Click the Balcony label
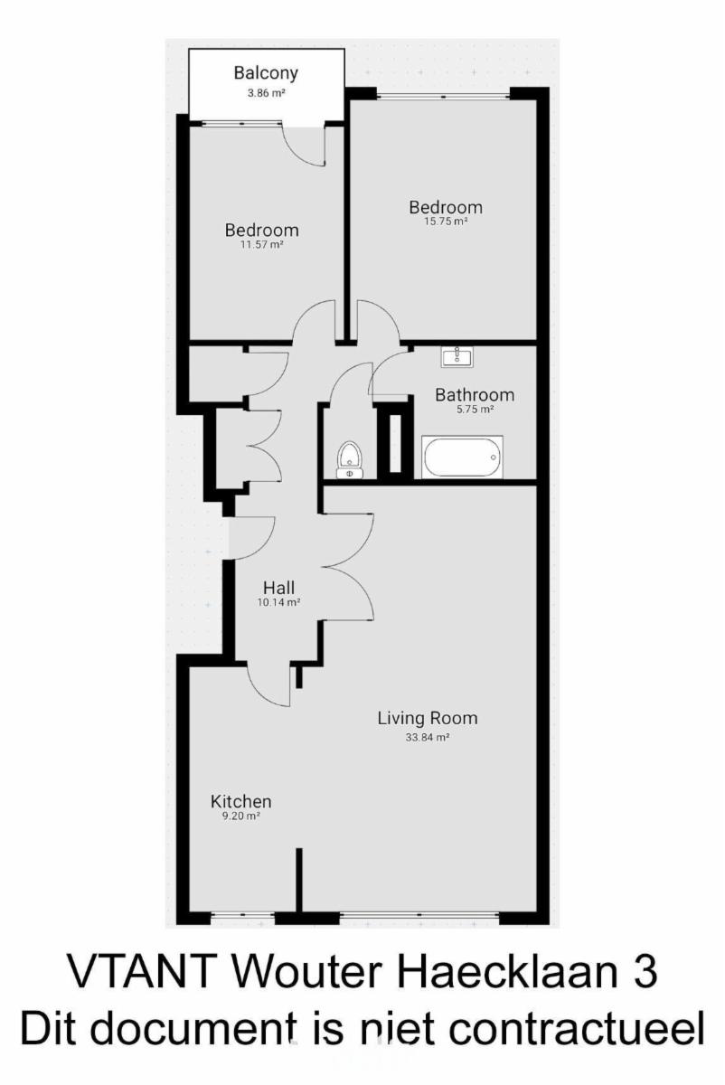(266, 73)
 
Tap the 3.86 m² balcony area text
(266, 93)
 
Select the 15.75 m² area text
(446, 222)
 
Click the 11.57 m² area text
(261, 245)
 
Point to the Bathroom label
(474, 395)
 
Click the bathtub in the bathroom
(462, 457)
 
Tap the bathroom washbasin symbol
(457, 357)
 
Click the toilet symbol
(349, 459)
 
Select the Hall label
(278, 588)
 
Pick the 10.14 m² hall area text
(278, 602)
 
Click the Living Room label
(428, 718)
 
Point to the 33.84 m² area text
(428, 738)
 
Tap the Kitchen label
(240, 802)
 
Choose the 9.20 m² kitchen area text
(240, 816)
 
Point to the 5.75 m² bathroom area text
(474, 410)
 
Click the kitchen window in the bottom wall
(242, 915)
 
